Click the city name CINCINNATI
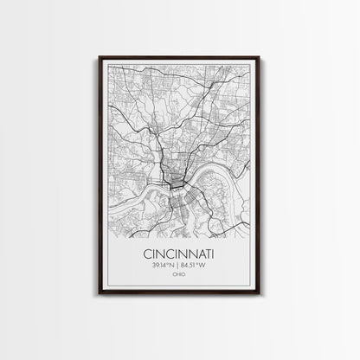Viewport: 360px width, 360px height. pos(180,255)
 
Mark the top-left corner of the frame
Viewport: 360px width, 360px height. pos(100,57)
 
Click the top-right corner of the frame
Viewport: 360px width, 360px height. pos(260,57)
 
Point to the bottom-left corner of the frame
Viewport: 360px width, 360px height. pos(100,294)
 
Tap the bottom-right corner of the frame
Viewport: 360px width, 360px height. pos(260,294)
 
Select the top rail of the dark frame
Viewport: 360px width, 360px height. pos(180,57)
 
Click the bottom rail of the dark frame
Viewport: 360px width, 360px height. pos(180,294)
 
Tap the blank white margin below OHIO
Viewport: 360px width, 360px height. pos(180,286)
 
